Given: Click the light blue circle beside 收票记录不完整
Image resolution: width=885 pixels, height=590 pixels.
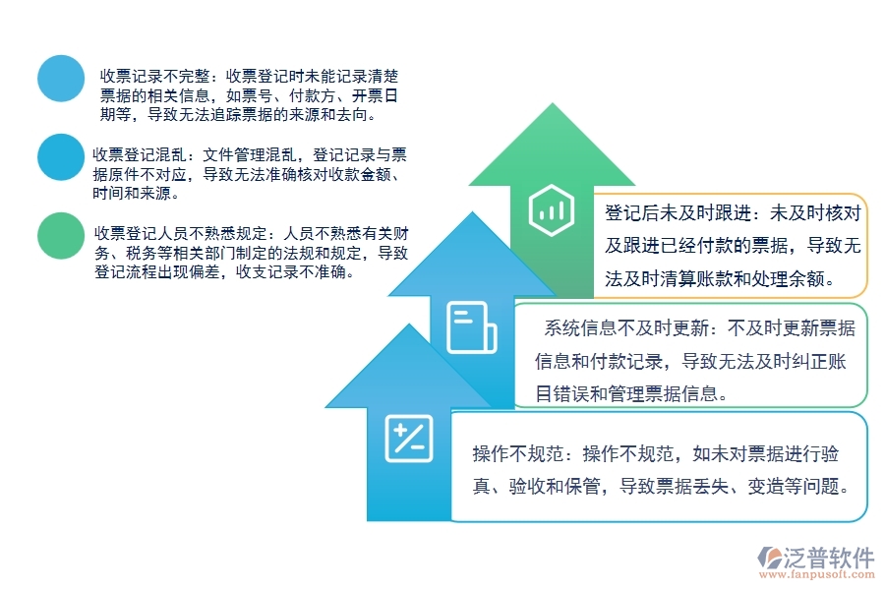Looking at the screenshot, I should (x=61, y=79).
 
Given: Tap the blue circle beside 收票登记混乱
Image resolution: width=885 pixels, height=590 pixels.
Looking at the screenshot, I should (x=61, y=157).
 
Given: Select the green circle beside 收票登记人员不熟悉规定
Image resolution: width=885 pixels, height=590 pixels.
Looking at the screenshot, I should (x=61, y=236).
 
